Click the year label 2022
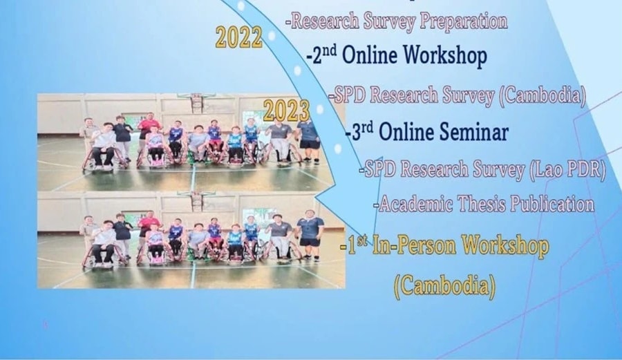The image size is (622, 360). (239, 38)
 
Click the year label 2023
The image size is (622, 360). (286, 111)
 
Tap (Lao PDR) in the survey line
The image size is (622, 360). (567, 169)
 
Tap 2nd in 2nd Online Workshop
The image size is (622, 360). (322, 55)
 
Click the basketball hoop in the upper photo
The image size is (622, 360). (197, 102)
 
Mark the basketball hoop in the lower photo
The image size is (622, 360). (197, 200)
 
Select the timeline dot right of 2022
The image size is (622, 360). (272, 36)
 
